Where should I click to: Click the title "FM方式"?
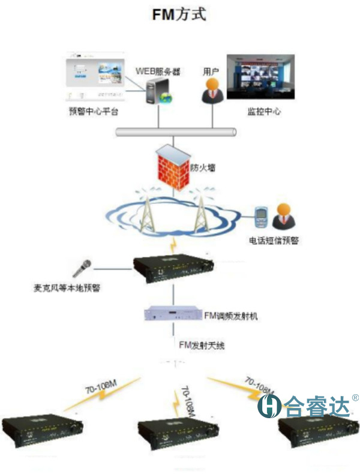(179, 14)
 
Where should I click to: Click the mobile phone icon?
(260, 217)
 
